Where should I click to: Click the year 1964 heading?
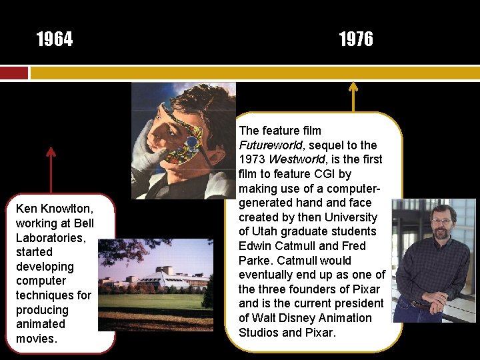coord(55,40)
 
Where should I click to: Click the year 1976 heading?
coord(356,40)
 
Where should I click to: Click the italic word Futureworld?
coord(270,145)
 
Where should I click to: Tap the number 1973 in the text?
coord(253,160)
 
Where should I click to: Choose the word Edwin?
coord(253,246)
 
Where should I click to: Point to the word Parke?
coord(253,261)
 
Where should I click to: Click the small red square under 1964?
coord(14,72)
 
